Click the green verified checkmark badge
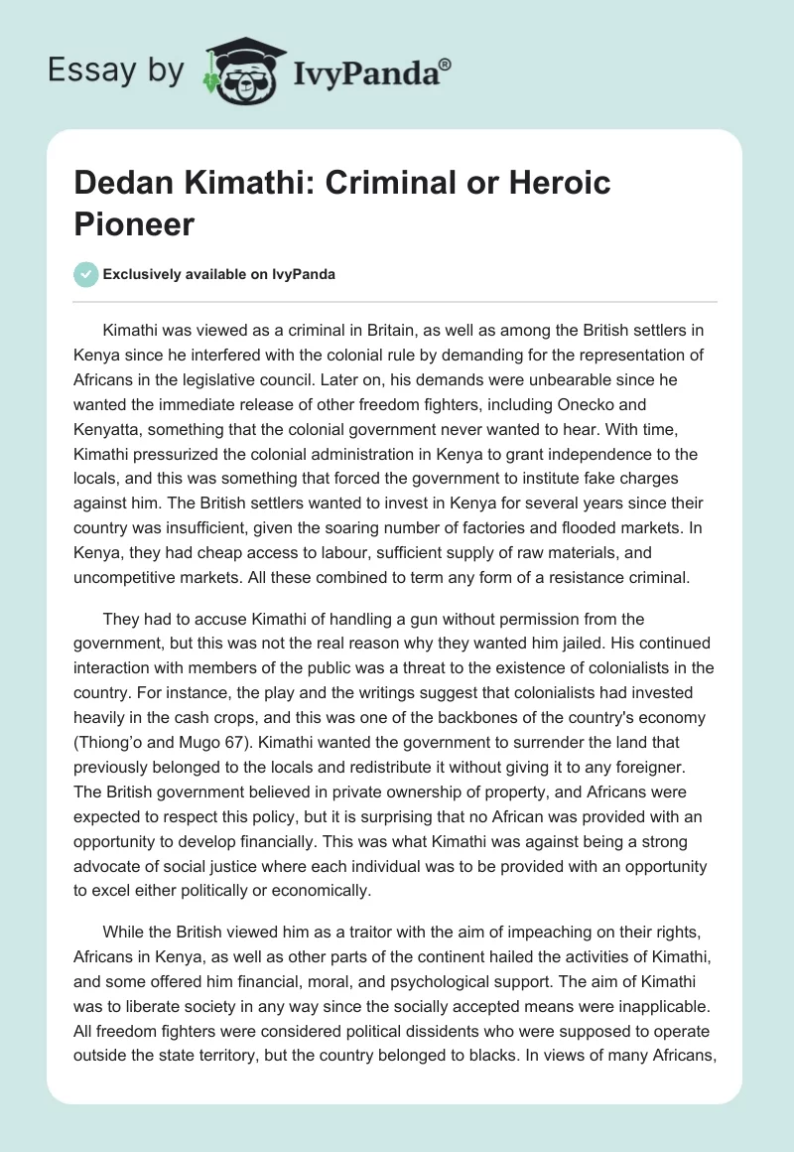click(86, 274)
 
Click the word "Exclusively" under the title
click(146, 274)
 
